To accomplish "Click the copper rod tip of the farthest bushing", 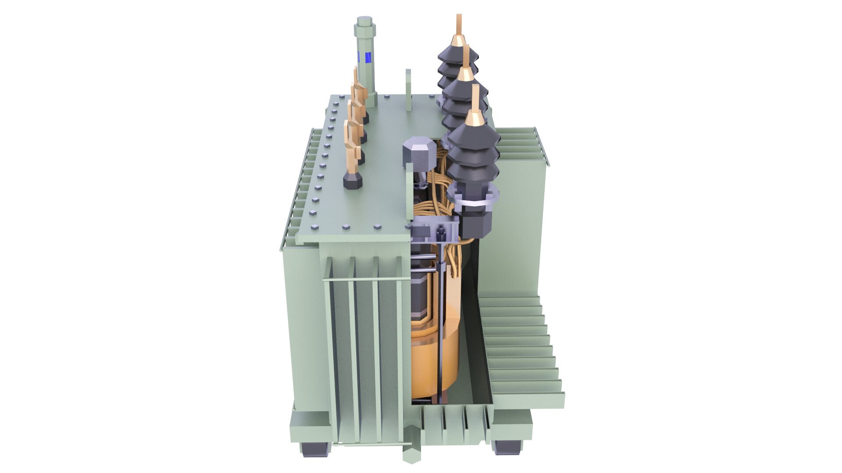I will point(459,26).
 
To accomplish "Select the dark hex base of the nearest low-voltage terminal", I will point(353,180).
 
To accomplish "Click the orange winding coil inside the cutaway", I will point(434,359).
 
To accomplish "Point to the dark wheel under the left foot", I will point(314,448).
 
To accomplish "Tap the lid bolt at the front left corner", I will point(315,228).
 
